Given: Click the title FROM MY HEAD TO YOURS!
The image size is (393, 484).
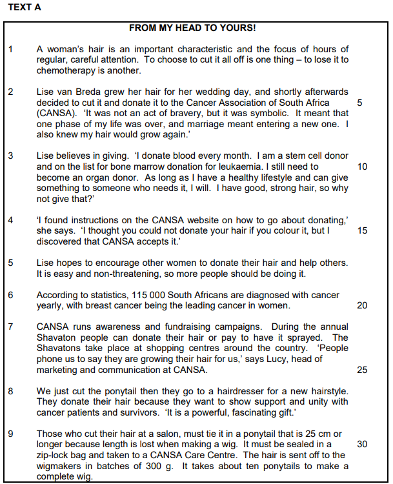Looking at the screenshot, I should click(x=192, y=28).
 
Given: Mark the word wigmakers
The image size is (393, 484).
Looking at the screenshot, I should click(x=63, y=466).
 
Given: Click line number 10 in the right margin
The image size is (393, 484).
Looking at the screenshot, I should click(x=362, y=166).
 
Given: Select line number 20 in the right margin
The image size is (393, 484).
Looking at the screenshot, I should click(x=362, y=306).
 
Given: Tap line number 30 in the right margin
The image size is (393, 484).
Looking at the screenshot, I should click(x=362, y=444).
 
